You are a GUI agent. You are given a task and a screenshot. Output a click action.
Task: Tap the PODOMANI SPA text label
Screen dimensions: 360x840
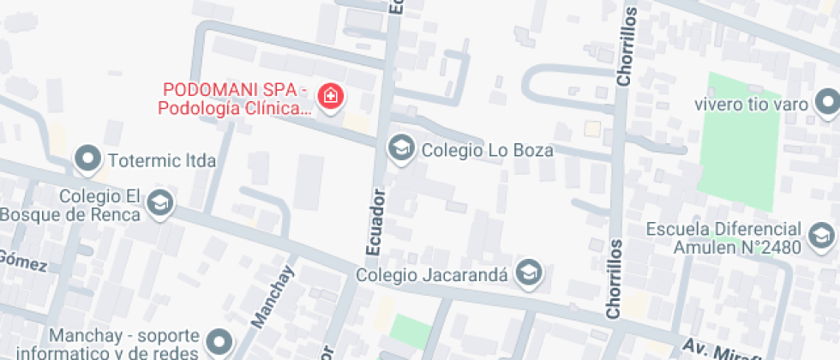[234, 99]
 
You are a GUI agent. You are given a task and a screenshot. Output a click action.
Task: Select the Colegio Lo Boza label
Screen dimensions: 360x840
[487, 150]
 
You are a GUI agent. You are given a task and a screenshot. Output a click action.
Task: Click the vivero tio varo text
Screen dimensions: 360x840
[752, 105]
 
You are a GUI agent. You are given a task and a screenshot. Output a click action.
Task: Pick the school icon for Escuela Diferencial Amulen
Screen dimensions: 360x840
[820, 235]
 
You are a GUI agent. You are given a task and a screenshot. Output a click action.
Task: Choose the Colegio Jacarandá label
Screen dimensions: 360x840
[433, 275]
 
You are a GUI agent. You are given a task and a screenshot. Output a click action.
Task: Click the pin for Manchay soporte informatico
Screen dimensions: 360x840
[219, 342]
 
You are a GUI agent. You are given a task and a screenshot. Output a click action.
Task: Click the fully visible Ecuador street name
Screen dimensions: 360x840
[374, 221]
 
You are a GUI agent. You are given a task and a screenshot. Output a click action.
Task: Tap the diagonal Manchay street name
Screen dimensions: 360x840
[273, 297]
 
